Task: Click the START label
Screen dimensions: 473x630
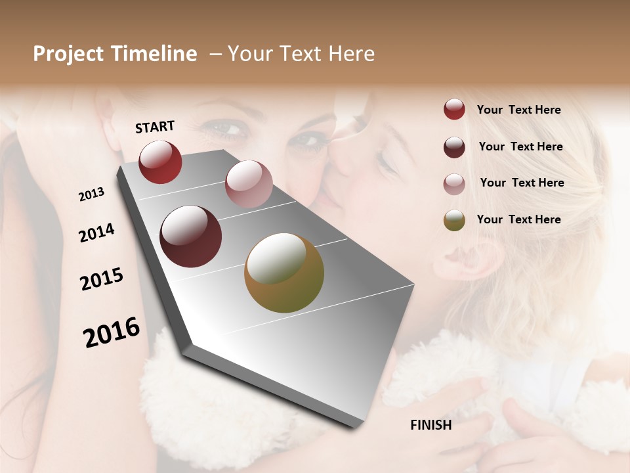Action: pos(155,127)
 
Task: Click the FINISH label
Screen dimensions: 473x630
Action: pos(430,425)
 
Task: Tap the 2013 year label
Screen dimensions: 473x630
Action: pos(91,194)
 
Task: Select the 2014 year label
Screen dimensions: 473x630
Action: pos(96,233)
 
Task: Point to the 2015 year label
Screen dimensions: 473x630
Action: pos(102,279)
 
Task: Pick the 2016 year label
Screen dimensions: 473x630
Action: pos(112,332)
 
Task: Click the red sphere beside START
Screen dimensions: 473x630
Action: pos(160,162)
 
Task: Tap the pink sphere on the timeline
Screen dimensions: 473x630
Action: pos(248,183)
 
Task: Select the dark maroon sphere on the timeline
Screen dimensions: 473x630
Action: pos(191,236)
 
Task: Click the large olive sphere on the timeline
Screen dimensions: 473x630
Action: pos(284,273)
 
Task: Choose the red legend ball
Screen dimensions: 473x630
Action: pos(454,109)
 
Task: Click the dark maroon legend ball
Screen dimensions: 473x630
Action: pos(454,147)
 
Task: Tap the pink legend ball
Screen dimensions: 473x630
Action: pos(454,184)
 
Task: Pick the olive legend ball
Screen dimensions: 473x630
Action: pos(454,221)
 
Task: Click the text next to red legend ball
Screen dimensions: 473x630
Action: pos(518,110)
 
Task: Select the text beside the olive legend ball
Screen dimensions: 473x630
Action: pos(518,219)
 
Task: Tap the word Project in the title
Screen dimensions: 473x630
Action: pos(68,54)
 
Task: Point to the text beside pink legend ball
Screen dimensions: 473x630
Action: pos(522,183)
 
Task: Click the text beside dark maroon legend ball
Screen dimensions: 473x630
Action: pos(520,146)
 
